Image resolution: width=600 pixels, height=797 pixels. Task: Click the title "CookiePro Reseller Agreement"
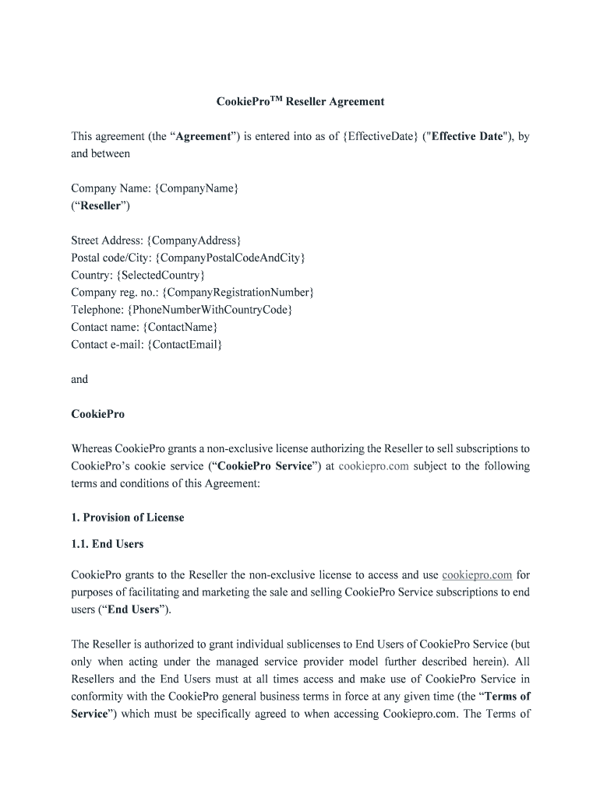click(x=300, y=101)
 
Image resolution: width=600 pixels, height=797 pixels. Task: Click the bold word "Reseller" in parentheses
click(x=101, y=205)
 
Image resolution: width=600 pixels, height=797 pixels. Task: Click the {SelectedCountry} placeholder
click(x=161, y=275)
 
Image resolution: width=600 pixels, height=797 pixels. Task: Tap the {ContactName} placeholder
click(x=180, y=327)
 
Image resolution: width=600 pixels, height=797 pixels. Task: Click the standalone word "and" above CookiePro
click(x=79, y=379)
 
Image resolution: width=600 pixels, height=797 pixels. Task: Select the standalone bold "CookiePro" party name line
click(x=97, y=414)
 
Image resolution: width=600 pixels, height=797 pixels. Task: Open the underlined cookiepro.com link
click(x=477, y=575)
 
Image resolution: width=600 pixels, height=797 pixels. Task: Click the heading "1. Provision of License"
click(x=128, y=518)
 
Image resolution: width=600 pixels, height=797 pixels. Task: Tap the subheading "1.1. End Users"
click(x=108, y=544)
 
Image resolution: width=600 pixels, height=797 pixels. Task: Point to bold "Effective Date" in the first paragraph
click(x=468, y=136)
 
